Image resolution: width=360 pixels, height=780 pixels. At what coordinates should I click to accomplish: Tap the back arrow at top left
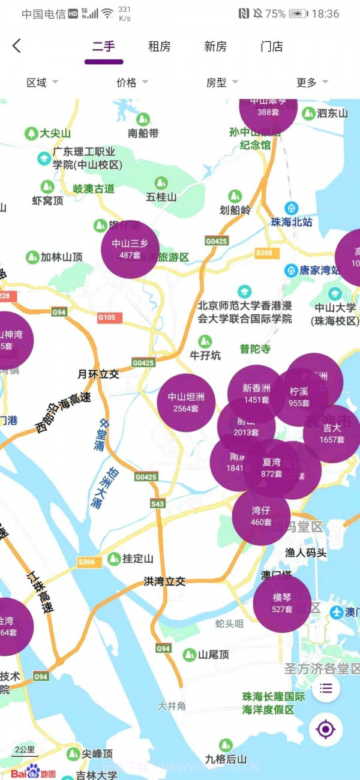tap(17, 46)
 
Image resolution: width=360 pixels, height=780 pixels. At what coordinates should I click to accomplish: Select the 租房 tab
tap(160, 47)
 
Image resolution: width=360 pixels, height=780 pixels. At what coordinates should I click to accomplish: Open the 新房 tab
tap(215, 47)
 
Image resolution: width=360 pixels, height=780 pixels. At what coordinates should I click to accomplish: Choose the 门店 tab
tap(272, 47)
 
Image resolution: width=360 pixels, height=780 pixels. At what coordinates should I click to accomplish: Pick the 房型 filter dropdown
tap(222, 83)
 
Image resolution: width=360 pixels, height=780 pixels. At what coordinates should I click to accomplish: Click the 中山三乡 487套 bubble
tap(130, 249)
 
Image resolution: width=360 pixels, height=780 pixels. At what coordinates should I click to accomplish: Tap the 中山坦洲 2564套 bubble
tap(186, 403)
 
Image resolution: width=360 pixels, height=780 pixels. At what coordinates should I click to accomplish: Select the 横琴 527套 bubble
tap(282, 603)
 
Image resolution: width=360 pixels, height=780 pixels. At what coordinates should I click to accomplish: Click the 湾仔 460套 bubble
tap(261, 516)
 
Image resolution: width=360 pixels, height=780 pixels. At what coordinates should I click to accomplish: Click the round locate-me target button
tap(326, 730)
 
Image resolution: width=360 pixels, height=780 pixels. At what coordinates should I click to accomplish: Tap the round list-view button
tap(326, 688)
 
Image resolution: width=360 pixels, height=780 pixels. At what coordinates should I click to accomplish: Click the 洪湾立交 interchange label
tap(164, 581)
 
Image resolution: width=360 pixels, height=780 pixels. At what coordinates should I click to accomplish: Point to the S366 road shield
tap(86, 562)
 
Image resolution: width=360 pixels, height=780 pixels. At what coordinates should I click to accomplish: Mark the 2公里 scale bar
tap(25, 750)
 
